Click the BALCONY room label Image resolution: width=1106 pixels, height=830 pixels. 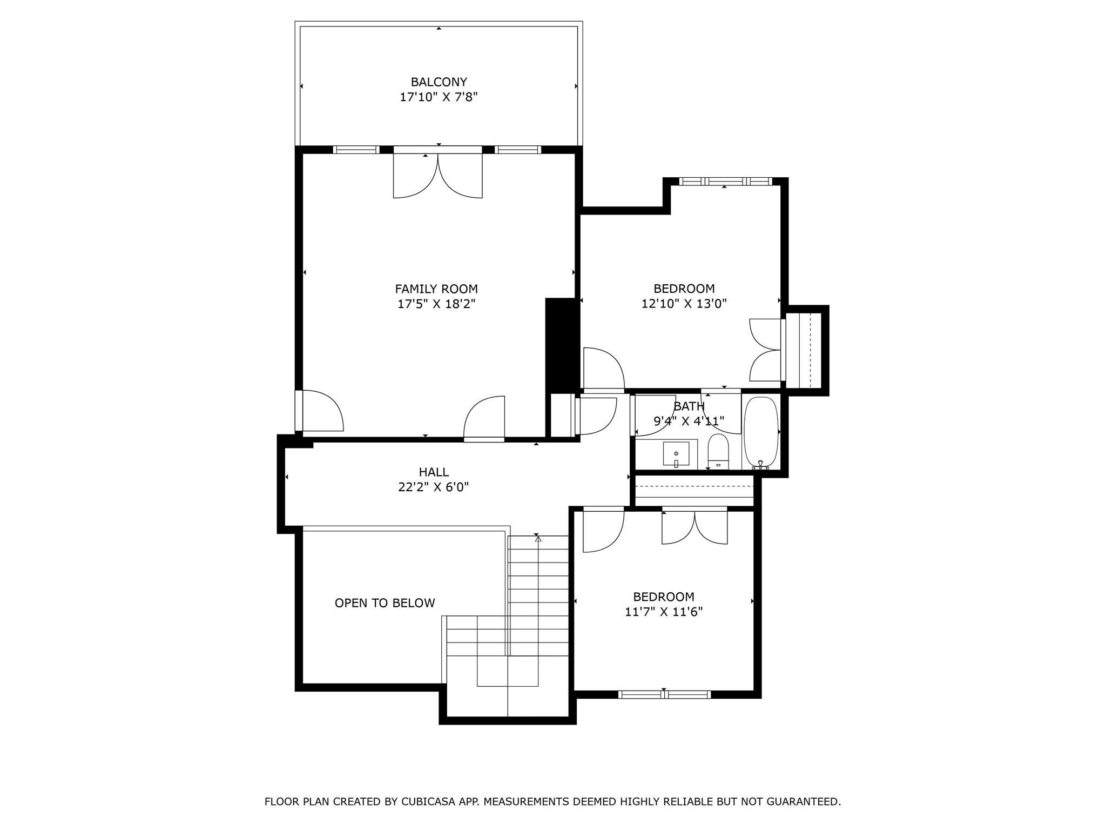click(439, 82)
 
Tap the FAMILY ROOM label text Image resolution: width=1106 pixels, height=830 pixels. click(436, 289)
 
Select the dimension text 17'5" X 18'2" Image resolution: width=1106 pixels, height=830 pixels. click(436, 304)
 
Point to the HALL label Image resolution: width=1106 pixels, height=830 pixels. click(434, 472)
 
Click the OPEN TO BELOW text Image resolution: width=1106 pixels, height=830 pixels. click(385, 603)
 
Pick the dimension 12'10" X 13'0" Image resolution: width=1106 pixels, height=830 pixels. click(684, 304)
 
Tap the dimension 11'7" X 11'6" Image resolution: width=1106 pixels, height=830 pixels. click(663, 612)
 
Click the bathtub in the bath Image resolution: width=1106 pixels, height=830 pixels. click(761, 433)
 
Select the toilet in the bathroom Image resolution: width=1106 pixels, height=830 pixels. click(718, 451)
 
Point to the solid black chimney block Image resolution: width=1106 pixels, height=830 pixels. click(562, 344)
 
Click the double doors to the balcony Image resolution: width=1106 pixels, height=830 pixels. click(437, 173)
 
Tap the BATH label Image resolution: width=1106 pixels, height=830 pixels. click(689, 406)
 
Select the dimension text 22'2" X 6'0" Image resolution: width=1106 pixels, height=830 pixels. click(433, 487)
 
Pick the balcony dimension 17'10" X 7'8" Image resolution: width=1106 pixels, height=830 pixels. click(439, 97)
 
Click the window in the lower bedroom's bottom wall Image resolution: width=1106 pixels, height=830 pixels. click(664, 694)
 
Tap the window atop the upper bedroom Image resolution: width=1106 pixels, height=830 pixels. click(725, 182)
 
